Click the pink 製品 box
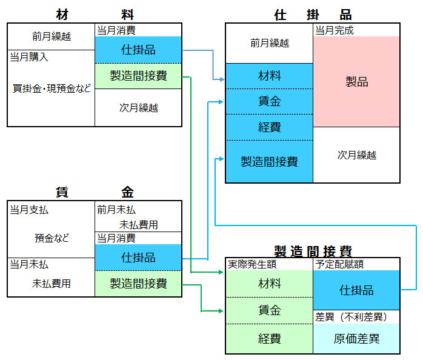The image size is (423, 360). pos(356,82)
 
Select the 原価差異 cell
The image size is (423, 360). pos(356,339)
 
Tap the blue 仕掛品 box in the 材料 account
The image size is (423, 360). pos(138,50)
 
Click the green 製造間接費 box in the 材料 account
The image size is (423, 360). pos(138,76)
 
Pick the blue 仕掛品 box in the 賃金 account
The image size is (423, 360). pos(138,257)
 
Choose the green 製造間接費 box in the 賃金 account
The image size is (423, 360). pos(138,283)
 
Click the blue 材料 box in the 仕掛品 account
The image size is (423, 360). pos(269,76)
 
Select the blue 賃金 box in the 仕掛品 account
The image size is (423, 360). pos(269,101)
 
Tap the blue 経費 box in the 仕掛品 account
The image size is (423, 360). pos(269,127)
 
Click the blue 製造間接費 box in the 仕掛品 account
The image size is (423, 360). pos(269,161)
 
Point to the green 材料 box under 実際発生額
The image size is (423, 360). pos(269,284)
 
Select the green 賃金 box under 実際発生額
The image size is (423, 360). pos(269,310)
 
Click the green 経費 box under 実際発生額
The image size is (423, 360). pos(269,339)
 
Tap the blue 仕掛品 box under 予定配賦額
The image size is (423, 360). pos(356,290)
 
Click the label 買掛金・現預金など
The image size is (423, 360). pos(52,88)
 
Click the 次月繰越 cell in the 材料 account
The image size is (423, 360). pos(138,108)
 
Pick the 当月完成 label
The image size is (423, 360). pos(335,30)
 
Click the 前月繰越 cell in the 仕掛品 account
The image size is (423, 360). pos(269,43)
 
